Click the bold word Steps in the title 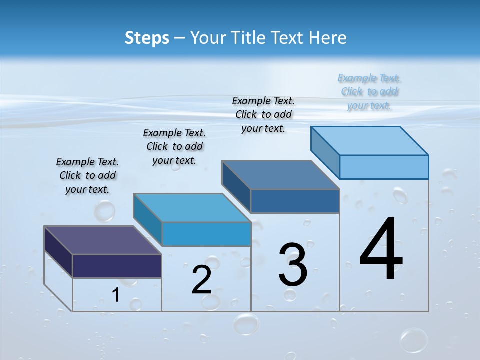(147, 38)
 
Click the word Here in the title (327, 38)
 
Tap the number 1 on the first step (115, 295)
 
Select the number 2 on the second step (201, 280)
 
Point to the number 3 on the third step (293, 265)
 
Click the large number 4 (381, 249)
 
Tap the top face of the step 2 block (192, 207)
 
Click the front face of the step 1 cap (117, 266)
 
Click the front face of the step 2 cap (206, 234)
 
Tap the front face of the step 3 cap (295, 201)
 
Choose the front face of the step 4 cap (384, 167)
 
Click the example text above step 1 (87, 175)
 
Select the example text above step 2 (174, 146)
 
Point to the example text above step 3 (263, 114)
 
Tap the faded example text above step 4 (369, 91)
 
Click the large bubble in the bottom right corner (413, 340)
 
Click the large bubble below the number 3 (246, 323)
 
